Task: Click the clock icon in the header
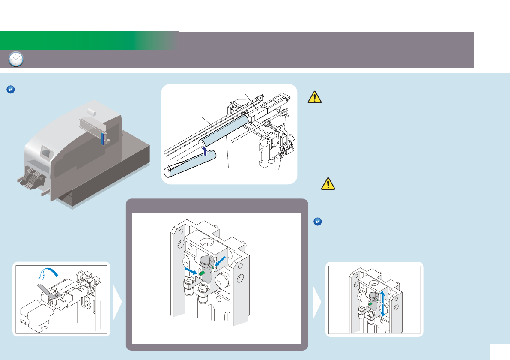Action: point(16,59)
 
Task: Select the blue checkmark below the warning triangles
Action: point(318,222)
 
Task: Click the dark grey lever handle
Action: point(45,289)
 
